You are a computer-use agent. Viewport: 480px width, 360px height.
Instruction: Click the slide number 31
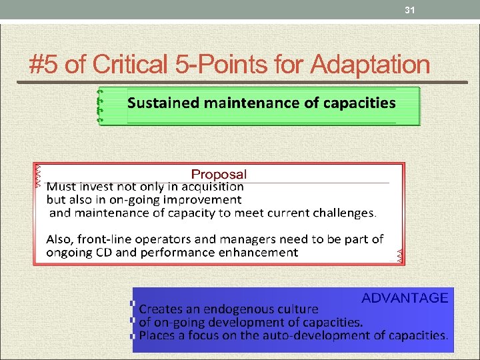410,10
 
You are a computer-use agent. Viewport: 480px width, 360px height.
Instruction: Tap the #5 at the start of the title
45,65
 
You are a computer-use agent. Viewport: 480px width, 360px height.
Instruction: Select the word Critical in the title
131,65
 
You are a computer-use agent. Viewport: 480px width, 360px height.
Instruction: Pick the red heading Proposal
219,175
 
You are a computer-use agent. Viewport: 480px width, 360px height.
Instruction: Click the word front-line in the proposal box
101,239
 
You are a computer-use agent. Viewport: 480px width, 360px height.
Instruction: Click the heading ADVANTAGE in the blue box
405,298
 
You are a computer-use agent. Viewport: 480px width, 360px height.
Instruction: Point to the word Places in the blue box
156,335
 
